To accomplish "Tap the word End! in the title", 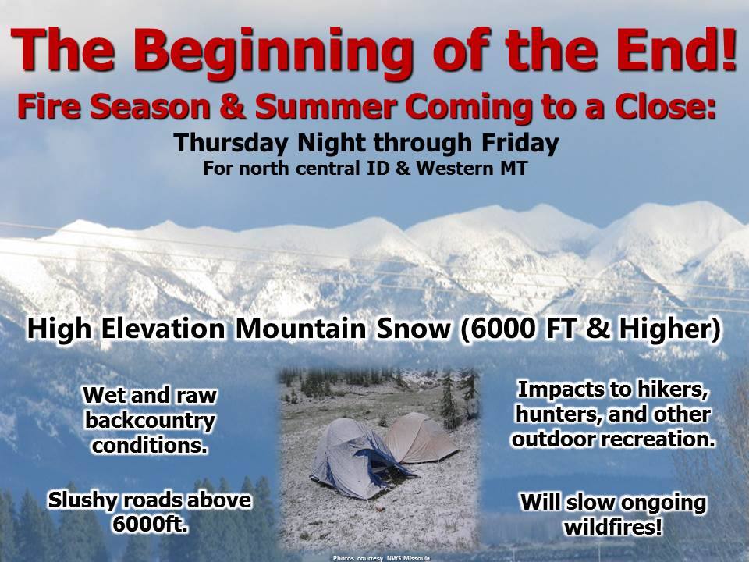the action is [676, 48].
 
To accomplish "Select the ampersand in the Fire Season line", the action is [233, 107].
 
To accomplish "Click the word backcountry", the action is [150, 421].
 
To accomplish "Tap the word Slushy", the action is [81, 500].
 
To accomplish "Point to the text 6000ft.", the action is [150, 525].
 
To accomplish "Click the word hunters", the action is [555, 414].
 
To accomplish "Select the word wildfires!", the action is [613, 528].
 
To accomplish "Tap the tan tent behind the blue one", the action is [421, 438].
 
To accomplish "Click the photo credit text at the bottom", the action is [382, 558].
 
